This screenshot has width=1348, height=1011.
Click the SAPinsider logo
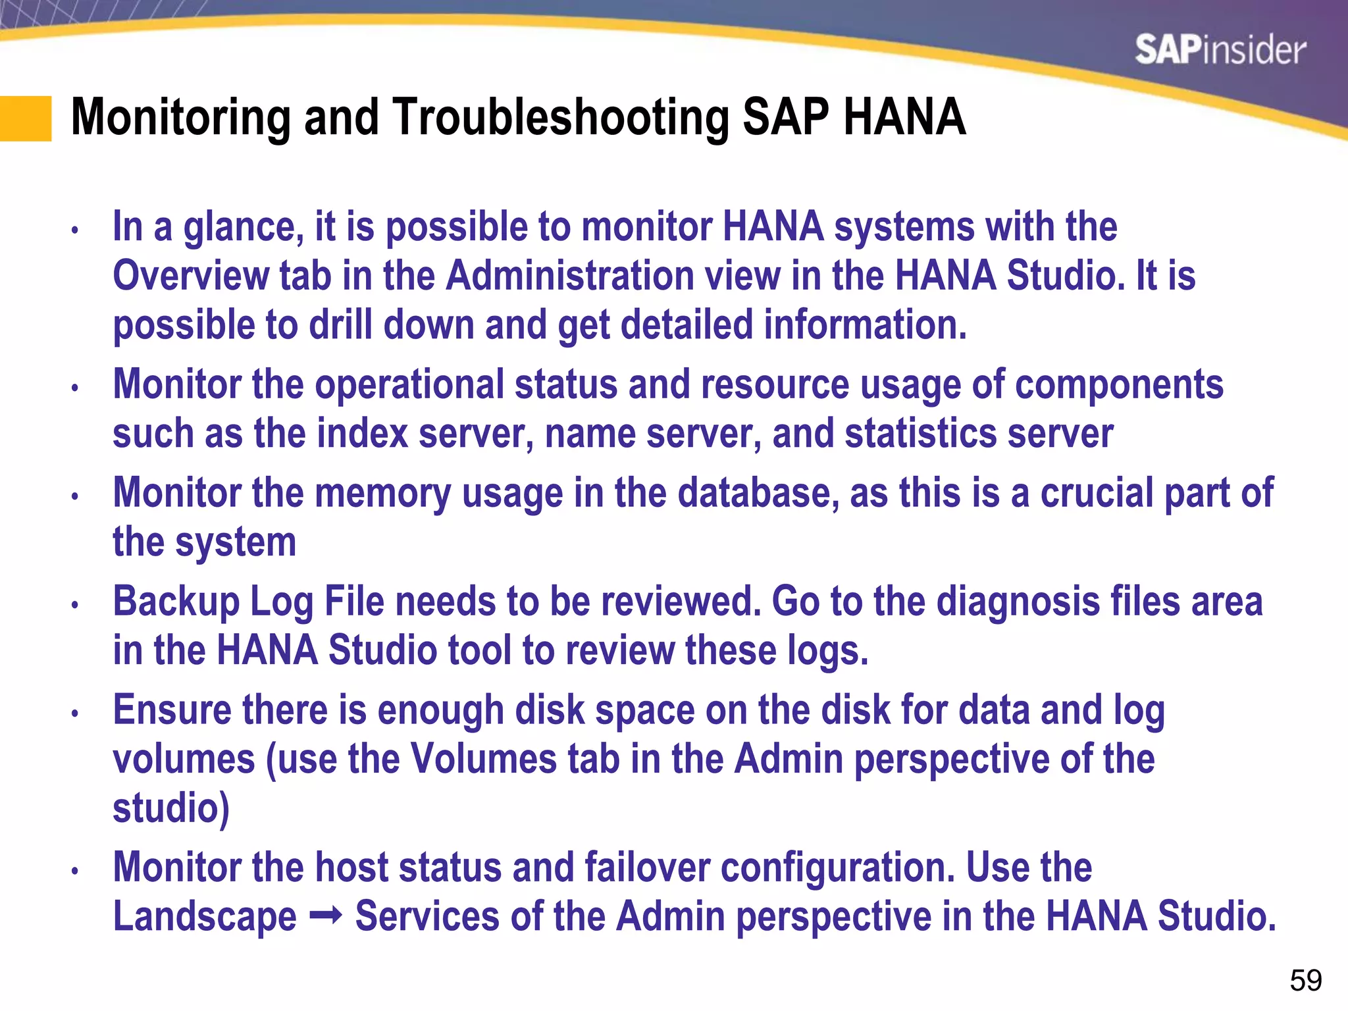(x=1220, y=51)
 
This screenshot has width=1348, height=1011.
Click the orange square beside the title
(x=26, y=118)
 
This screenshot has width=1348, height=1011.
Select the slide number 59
(x=1305, y=980)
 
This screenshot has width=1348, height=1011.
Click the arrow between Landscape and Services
(x=325, y=916)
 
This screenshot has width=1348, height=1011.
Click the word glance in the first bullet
(x=243, y=228)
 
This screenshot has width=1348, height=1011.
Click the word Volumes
(x=483, y=759)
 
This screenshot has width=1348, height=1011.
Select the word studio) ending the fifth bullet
(x=171, y=808)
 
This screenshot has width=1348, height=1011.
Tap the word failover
(x=647, y=867)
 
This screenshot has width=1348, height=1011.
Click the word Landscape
(x=205, y=917)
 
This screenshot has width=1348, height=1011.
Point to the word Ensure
(x=172, y=710)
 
